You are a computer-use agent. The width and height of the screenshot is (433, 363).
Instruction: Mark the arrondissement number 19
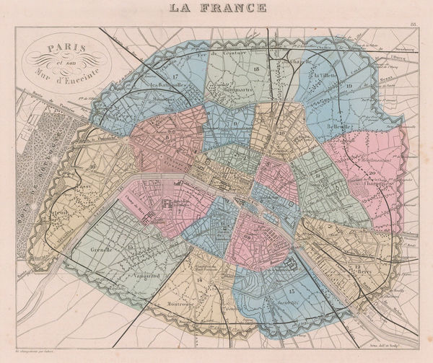click(348, 87)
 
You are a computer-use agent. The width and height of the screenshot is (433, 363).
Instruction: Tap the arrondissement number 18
click(276, 65)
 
